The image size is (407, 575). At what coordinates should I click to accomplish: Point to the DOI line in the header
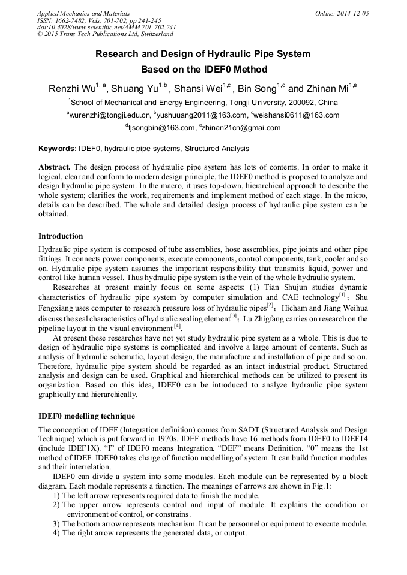click(107, 27)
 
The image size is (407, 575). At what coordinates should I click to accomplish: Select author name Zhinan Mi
click(326, 89)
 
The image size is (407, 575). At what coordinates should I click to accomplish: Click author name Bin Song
click(256, 89)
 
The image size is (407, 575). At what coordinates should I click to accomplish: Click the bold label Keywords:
click(58, 149)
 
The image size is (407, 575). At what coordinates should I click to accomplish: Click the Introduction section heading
click(61, 236)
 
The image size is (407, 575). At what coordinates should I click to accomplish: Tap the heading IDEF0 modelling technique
click(86, 416)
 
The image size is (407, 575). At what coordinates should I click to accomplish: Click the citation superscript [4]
click(177, 326)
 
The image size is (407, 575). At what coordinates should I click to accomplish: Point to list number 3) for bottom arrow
click(56, 524)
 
